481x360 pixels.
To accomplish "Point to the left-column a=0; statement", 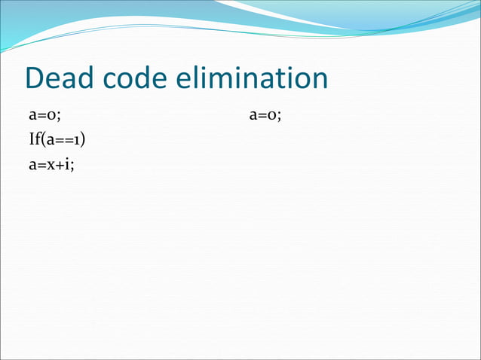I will pos(44,115).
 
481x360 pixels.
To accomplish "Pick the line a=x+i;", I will pos(51,164).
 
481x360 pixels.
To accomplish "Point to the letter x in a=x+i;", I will pos(51,165).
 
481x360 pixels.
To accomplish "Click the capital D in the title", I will pos(35,78).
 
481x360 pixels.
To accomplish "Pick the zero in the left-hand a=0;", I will pos(52,116).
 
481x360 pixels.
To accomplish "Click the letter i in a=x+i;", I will pos(67,164).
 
